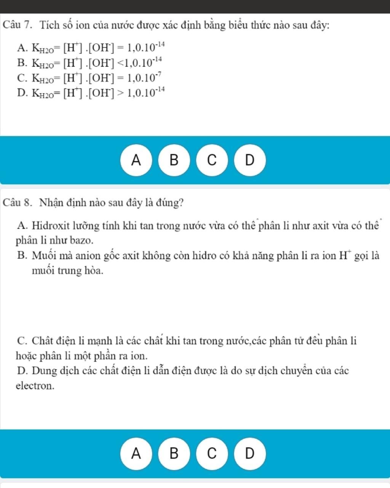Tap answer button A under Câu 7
136,160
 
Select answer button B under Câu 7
174,160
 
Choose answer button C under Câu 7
212,160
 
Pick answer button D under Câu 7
249,160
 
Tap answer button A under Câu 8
136,453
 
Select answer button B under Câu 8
174,453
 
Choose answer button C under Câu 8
212,453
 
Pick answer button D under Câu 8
249,453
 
